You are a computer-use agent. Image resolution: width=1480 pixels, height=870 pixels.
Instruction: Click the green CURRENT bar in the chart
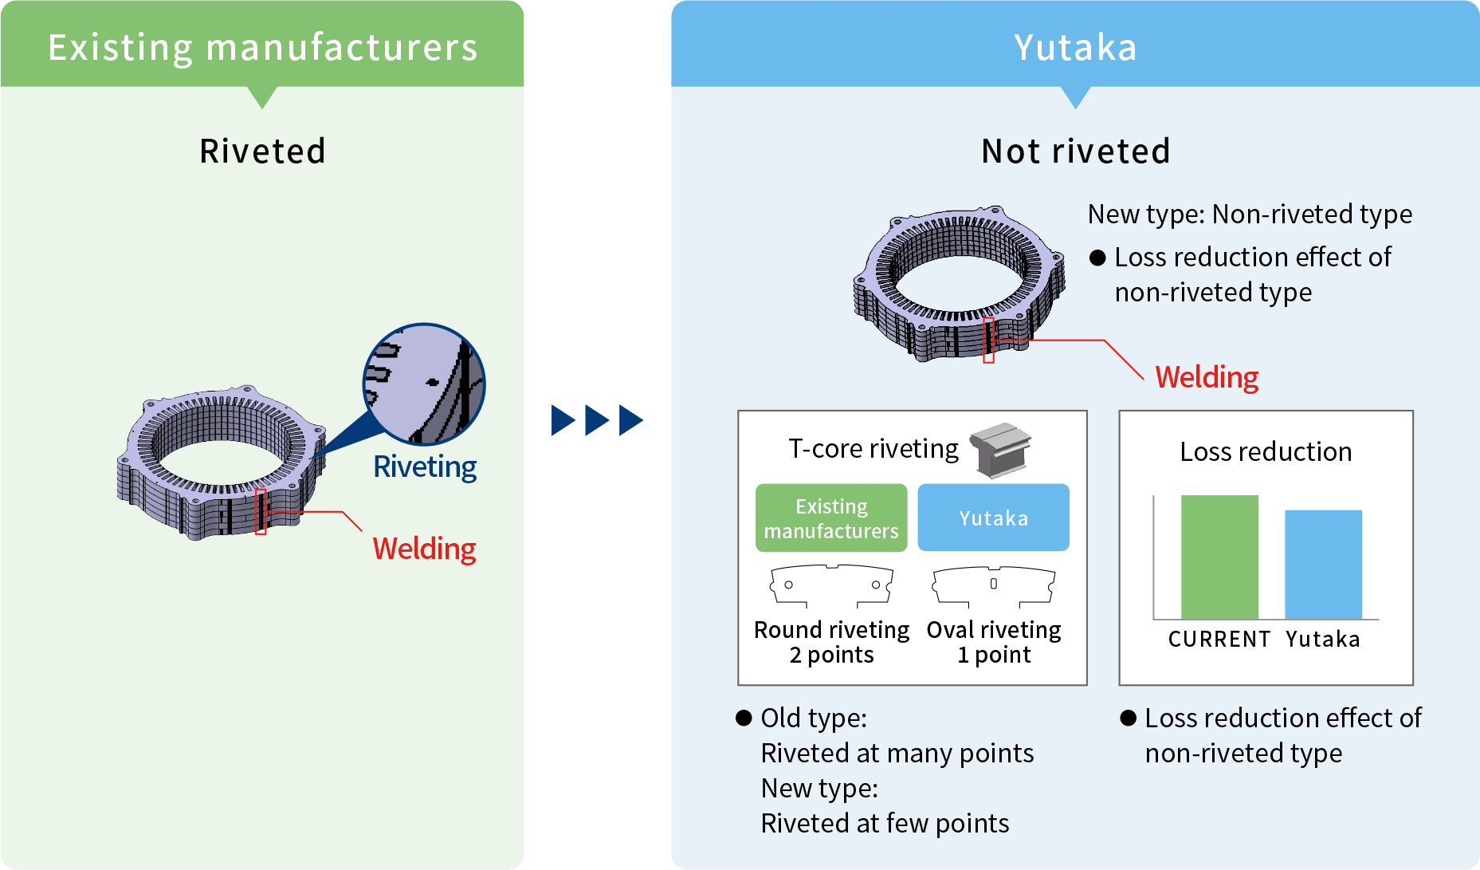pos(1219,557)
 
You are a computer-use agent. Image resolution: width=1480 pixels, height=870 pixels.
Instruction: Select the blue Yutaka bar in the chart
pos(1323,564)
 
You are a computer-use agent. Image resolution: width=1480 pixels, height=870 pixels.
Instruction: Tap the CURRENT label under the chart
pos(1219,640)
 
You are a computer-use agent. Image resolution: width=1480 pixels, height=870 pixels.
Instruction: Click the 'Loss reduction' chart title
pos(1266,452)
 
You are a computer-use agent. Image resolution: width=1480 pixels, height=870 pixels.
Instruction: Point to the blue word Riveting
pos(425,466)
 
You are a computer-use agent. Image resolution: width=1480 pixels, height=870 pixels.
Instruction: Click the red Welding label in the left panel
pos(424,549)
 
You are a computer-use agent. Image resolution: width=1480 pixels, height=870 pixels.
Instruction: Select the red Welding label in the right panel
pos(1207,377)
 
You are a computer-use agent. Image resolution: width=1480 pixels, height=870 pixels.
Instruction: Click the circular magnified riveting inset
pos(424,384)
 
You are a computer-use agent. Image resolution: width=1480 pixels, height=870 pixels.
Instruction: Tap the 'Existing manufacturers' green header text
pos(262,47)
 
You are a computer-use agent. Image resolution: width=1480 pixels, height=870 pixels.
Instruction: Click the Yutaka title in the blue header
pos(1075,47)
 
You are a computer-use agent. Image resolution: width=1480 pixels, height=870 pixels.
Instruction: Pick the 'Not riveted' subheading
pos(1075,152)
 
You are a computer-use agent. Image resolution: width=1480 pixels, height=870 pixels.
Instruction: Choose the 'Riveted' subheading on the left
pos(262,152)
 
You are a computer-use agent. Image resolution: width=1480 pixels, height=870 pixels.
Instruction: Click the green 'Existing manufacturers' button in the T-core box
pos(831,518)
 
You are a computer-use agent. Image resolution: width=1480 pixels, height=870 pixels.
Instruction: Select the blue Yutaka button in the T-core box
pos(993,518)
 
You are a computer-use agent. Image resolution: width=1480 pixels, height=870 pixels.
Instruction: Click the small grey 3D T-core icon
pos(1000,450)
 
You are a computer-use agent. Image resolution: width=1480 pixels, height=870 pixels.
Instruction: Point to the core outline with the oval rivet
pos(993,586)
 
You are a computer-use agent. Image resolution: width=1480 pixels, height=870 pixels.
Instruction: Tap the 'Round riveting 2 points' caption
pos(831,642)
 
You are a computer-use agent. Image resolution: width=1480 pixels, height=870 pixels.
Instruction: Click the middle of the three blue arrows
pos(597,420)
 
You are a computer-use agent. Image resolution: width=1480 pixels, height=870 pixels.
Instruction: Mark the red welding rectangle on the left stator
pos(261,512)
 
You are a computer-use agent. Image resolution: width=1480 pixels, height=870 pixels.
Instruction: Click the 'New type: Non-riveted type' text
pos(1250,215)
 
